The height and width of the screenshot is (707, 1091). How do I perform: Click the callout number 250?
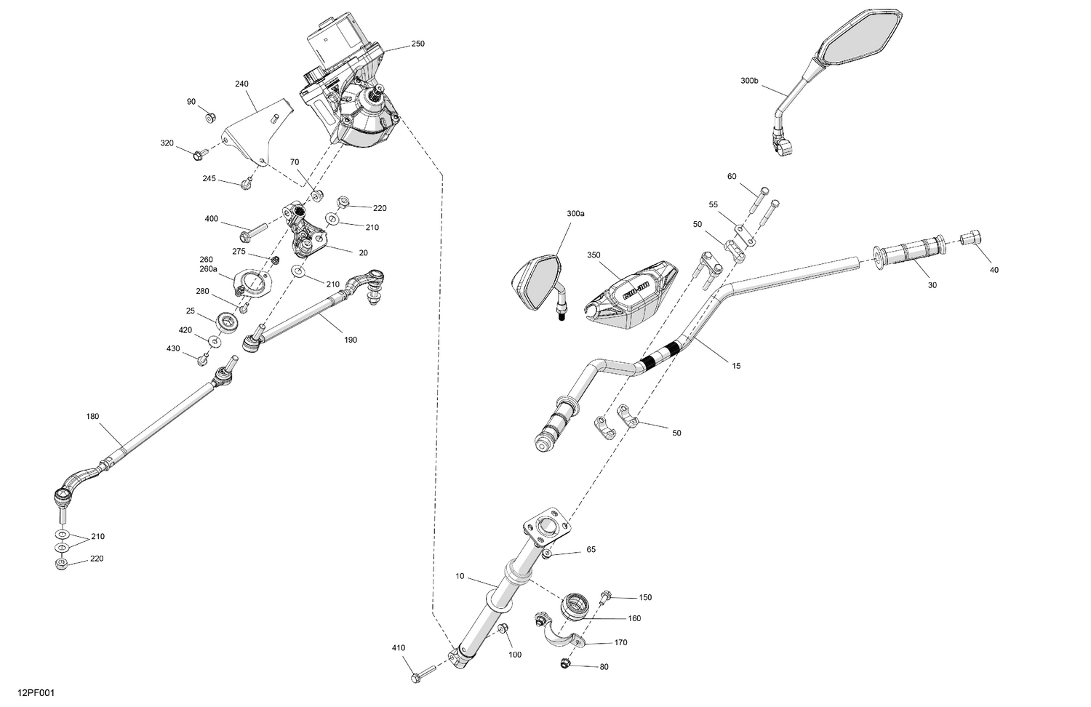417,44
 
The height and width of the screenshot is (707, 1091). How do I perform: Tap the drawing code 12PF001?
36,693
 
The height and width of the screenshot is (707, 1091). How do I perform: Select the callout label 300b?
749,81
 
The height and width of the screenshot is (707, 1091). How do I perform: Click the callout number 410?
399,647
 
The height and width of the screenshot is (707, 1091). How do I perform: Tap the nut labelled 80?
565,663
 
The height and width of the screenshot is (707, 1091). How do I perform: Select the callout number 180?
92,416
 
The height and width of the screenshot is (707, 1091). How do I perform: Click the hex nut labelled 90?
210,118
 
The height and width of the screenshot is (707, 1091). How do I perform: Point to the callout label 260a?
209,269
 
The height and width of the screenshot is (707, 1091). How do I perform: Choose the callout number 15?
736,366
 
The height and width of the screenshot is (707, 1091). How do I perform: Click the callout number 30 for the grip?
932,285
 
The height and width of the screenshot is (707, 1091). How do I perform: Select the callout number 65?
591,549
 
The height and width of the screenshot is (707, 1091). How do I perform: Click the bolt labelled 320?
200,154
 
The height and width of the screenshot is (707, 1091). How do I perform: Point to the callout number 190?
351,340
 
